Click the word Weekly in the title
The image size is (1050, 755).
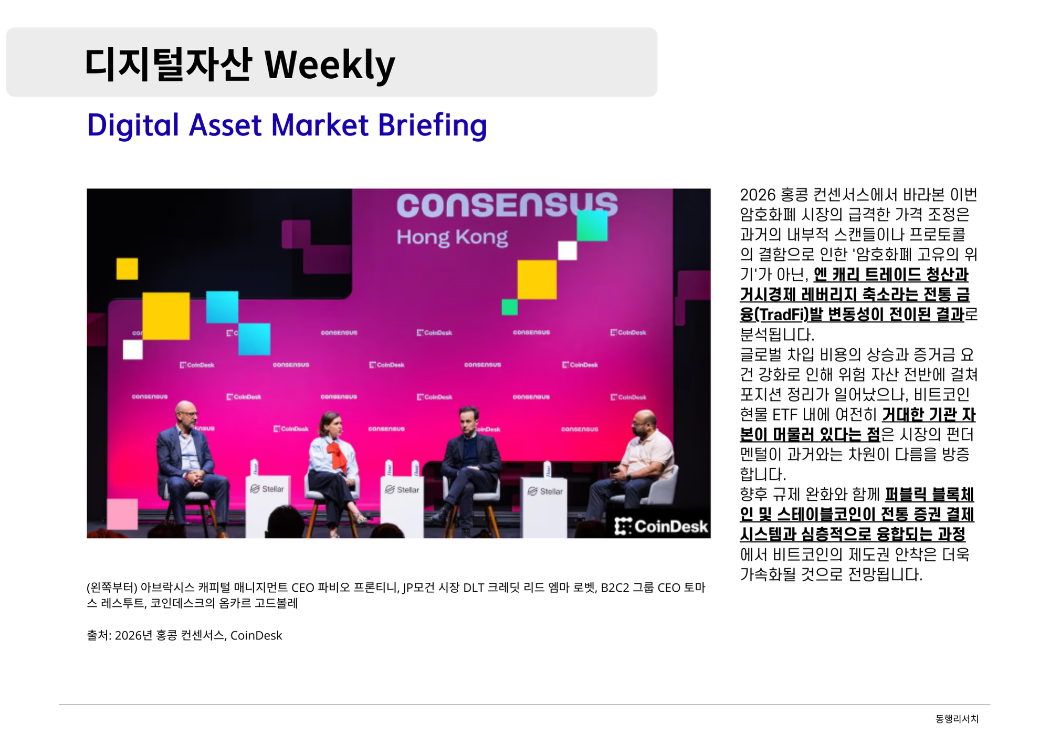330,65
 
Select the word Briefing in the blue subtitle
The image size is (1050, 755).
432,126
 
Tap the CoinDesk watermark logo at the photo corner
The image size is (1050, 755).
661,526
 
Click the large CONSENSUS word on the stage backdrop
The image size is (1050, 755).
507,205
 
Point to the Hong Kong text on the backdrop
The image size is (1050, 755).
452,237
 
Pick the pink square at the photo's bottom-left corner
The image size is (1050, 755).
122,514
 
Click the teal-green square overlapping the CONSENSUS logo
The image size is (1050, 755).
592,226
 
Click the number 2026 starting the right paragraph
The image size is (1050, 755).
758,195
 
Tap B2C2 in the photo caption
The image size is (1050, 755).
615,588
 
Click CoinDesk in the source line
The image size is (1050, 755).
256,635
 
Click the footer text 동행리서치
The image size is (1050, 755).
957,719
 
